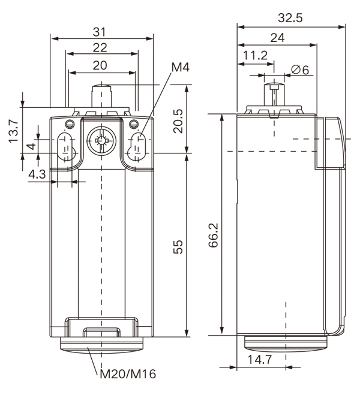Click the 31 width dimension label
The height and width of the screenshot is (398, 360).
101,31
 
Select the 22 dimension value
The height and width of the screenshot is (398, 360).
101,47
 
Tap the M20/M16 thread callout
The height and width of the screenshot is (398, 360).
127,375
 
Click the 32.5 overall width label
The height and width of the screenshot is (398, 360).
291,18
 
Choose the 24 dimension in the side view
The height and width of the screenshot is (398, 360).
277,38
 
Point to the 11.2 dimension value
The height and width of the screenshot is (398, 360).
255,56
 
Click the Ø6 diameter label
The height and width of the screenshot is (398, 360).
299,70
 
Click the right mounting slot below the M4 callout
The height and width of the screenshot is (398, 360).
138,146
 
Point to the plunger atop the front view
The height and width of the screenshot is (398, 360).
100,97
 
